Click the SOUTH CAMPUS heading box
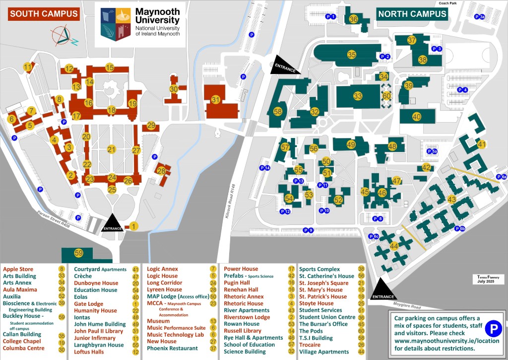[x=44, y=14]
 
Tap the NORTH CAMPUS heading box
[x=412, y=14]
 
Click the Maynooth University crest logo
[x=116, y=23]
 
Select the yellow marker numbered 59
[x=79, y=253]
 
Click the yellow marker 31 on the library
[x=215, y=100]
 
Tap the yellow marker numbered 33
[x=358, y=95]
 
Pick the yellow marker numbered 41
[x=481, y=144]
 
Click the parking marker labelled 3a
[x=479, y=17]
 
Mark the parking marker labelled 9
[x=308, y=230]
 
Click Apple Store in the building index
[x=18, y=269]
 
